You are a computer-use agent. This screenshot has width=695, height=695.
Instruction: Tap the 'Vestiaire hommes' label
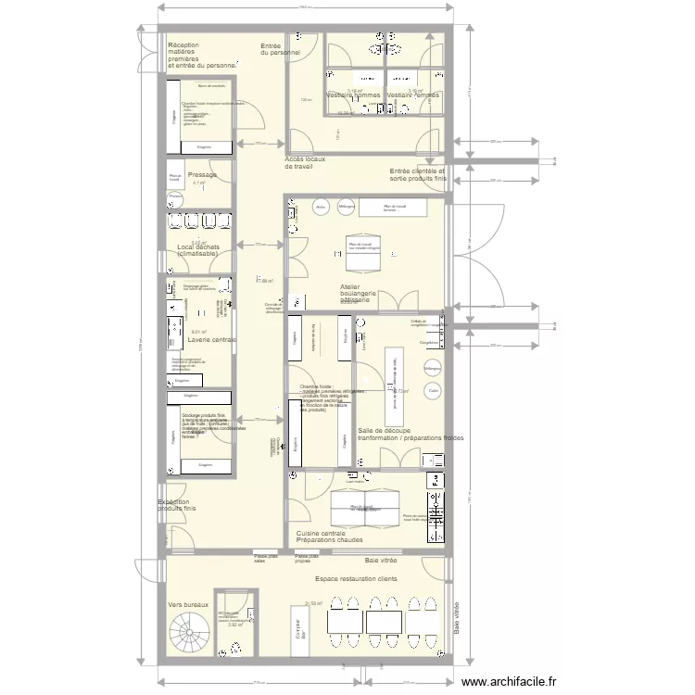[353, 95]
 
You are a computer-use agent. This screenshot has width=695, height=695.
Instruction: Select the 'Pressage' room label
[202, 175]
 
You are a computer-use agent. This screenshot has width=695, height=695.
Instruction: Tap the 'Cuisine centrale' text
[321, 534]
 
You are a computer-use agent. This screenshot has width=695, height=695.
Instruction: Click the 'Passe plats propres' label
[307, 559]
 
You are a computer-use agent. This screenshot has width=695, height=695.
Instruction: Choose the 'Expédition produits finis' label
[178, 506]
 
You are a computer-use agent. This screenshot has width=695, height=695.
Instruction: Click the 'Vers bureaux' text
[188, 603]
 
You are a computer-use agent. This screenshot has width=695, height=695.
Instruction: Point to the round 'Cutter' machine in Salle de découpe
[432, 391]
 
